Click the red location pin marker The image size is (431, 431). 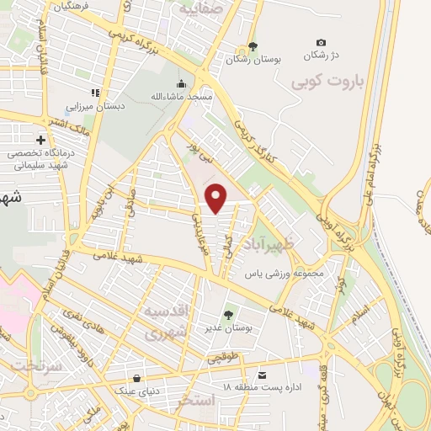(217, 199)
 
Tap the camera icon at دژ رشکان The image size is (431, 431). (321, 43)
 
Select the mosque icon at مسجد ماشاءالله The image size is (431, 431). (181, 83)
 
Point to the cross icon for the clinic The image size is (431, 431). (40, 140)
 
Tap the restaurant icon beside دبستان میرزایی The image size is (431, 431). (96, 93)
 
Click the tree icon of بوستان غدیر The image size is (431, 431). (229, 314)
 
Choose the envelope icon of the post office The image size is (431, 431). (263, 374)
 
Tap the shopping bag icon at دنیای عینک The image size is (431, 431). (136, 377)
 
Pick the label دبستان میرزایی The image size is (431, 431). (94, 107)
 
